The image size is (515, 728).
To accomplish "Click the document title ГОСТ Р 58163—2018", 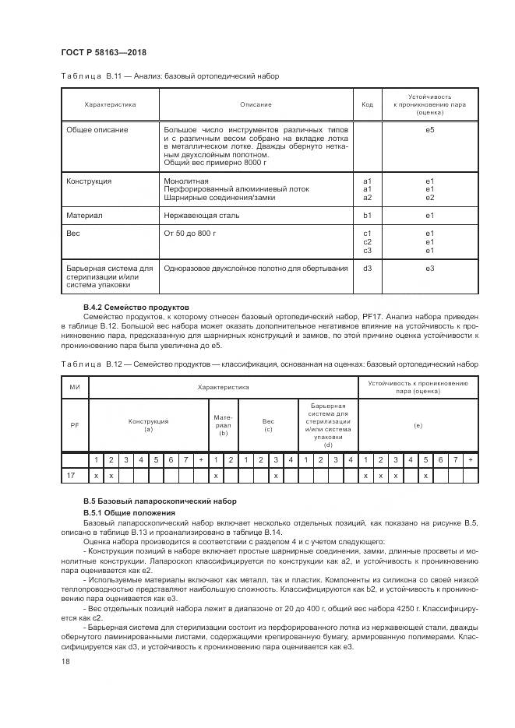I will pyautogui.click(x=103, y=52).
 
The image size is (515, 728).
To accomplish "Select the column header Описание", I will pyautogui.click(x=256, y=104).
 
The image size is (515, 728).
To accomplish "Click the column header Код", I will pyautogui.click(x=367, y=104).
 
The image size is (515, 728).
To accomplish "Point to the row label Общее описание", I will pyautogui.click(x=97, y=129).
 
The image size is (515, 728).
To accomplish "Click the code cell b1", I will pyautogui.click(x=367, y=215).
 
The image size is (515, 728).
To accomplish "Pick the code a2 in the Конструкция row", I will pyautogui.click(x=367, y=197).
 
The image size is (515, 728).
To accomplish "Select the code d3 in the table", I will pyautogui.click(x=367, y=268).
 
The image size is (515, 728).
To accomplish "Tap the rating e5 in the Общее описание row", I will pyautogui.click(x=429, y=129).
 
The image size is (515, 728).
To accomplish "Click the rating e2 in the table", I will pyautogui.click(x=429, y=197).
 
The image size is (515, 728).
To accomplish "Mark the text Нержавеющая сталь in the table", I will pyautogui.click(x=202, y=215).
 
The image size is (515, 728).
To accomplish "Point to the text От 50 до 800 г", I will pyautogui.click(x=189, y=233).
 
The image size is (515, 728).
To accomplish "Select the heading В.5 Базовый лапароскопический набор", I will pyautogui.click(x=159, y=501).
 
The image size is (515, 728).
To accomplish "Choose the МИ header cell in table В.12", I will pyautogui.click(x=76, y=385).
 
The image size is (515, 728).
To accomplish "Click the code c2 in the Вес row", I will pyautogui.click(x=367, y=241).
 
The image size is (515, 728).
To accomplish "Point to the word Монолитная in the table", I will pyautogui.click(x=186, y=181).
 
